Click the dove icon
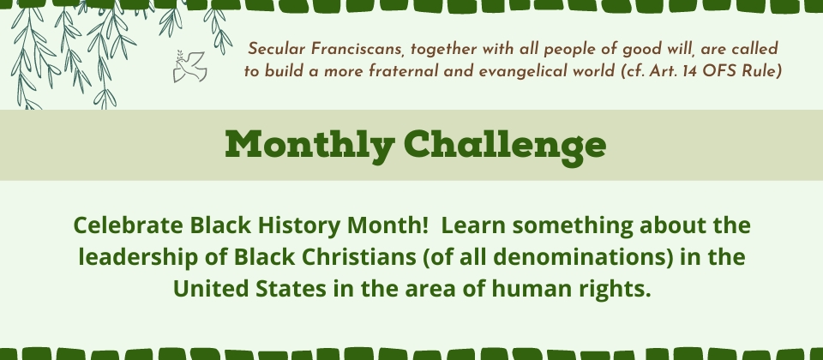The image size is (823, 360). pyautogui.click(x=189, y=66)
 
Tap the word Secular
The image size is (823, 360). pyautogui.click(x=277, y=49)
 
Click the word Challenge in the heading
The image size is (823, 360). pyautogui.click(x=505, y=146)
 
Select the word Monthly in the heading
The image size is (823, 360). pyautogui.click(x=309, y=146)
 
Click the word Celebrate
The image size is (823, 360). pyautogui.click(x=129, y=225)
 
